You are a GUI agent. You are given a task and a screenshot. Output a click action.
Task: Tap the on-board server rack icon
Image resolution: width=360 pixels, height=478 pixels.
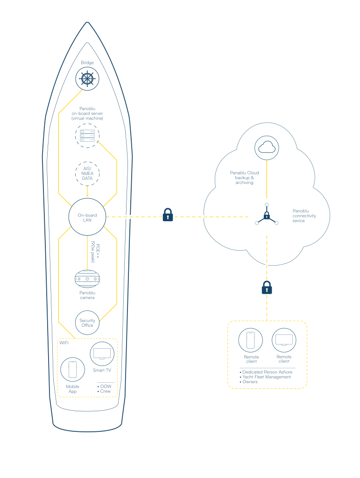tap(87, 136)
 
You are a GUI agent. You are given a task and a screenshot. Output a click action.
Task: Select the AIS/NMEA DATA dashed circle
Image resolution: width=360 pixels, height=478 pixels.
tap(87, 173)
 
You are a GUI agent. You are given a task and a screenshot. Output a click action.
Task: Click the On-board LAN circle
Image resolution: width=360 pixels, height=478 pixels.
tap(87, 217)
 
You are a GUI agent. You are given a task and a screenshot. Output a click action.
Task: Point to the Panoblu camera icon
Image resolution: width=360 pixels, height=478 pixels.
tap(87, 279)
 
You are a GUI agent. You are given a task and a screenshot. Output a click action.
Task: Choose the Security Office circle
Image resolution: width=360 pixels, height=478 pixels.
tap(87, 323)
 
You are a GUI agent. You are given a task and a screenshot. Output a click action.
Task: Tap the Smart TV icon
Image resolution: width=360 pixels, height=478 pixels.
tap(102, 353)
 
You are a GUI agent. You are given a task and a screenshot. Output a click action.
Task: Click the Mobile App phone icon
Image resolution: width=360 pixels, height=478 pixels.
tap(72, 369)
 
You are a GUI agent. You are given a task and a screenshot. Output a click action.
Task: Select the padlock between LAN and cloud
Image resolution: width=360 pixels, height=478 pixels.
tap(168, 215)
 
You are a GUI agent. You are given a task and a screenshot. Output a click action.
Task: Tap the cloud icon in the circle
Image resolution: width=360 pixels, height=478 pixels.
tap(267, 148)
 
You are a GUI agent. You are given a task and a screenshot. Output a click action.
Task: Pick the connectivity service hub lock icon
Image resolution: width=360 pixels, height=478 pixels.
tap(266, 216)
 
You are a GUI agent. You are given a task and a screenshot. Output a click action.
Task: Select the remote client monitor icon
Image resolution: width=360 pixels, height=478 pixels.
tap(284, 339)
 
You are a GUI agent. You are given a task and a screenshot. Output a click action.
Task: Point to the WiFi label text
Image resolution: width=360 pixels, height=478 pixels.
tap(63, 343)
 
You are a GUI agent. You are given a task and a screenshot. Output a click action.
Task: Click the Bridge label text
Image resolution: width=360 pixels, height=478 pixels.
tap(87, 63)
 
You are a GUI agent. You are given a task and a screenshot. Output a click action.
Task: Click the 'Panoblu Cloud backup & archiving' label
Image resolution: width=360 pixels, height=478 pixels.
tap(244, 178)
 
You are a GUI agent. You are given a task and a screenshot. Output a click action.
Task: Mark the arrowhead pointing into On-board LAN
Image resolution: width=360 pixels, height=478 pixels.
tap(87, 196)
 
